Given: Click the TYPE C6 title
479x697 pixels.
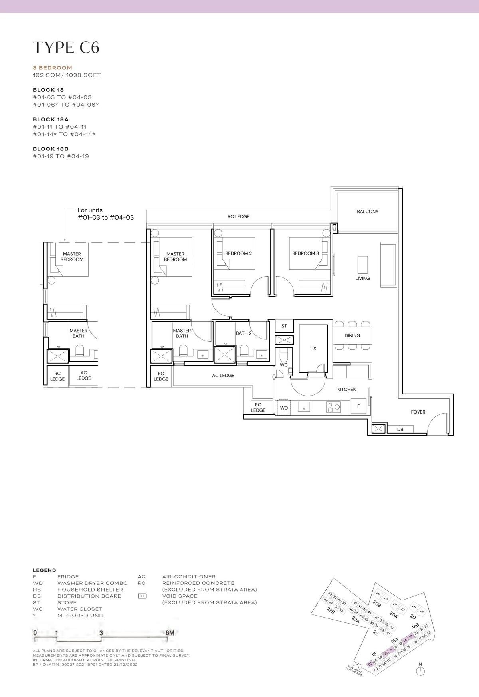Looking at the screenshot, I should click(x=66, y=48).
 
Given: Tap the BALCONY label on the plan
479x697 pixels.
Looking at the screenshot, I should click(x=367, y=212).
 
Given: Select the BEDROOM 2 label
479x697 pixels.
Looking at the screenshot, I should click(x=238, y=253).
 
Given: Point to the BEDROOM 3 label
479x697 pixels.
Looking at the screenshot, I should click(x=305, y=253).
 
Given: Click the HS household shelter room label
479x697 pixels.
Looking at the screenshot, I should click(x=313, y=349).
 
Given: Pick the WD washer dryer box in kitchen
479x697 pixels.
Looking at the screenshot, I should click(x=284, y=408).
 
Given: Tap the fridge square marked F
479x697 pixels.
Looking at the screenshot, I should click(x=358, y=406).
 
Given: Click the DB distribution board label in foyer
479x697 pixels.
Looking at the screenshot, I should click(x=400, y=430).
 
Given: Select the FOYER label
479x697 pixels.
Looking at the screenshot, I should click(x=418, y=412).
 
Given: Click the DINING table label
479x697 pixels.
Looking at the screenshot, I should click(x=352, y=336).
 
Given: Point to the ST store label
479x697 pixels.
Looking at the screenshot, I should click(x=284, y=326).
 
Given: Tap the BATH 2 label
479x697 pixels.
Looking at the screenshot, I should click(x=243, y=333).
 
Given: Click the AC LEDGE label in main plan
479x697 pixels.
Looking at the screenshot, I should click(x=223, y=376).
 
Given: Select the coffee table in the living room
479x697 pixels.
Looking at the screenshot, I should click(x=362, y=264).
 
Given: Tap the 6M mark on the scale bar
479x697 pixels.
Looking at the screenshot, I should click(x=170, y=633).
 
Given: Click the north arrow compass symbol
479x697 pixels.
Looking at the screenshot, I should click(x=420, y=671).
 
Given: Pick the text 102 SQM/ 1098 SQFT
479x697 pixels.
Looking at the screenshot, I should click(x=67, y=75).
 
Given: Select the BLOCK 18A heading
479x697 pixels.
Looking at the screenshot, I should click(x=51, y=119).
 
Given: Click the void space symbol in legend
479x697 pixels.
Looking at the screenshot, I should click(x=143, y=596).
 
